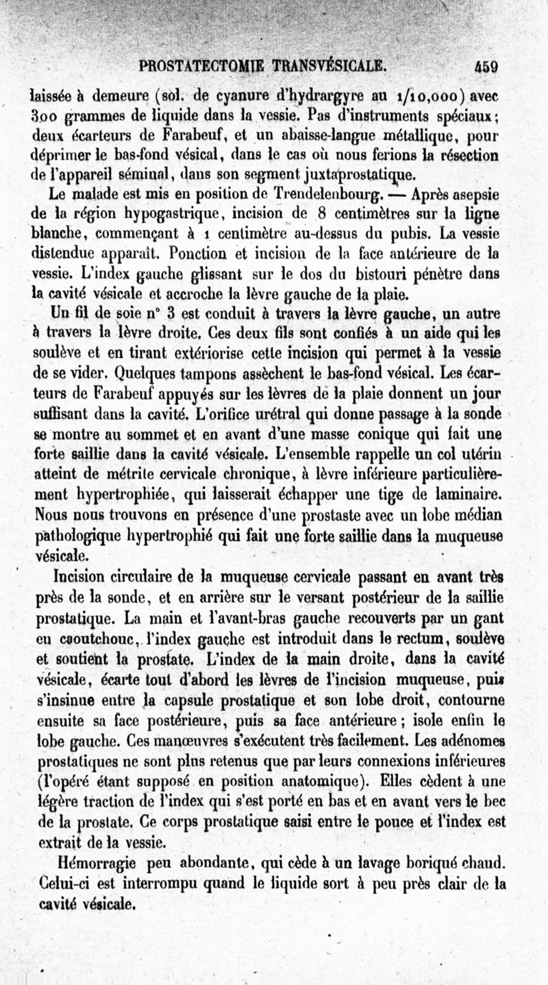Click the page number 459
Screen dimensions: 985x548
(484, 68)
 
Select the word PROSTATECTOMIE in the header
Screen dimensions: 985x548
(195, 68)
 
